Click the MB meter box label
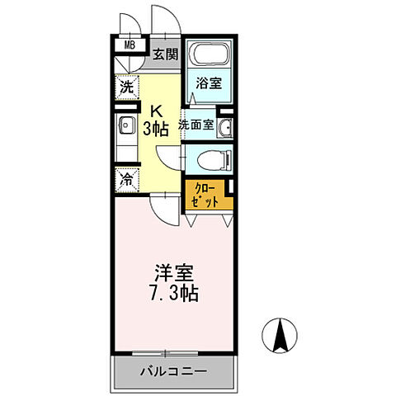[130, 45]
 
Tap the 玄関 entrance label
[165, 55]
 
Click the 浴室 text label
[208, 83]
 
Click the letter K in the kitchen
[155, 109]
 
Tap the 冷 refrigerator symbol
[125, 180]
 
